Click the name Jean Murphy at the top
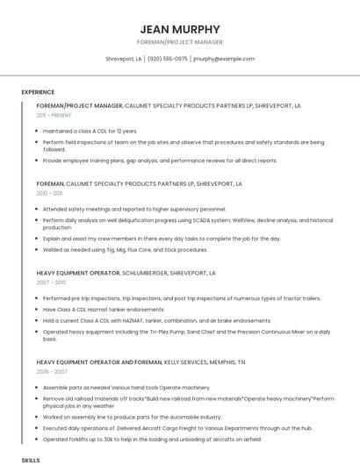tap(180, 29)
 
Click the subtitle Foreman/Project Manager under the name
tap(180, 42)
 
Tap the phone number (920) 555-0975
tap(168, 59)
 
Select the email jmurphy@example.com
tap(224, 59)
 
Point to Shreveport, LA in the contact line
tap(124, 59)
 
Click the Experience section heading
tap(38, 92)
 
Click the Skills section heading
tap(31, 459)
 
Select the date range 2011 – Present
tap(54, 115)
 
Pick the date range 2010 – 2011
tap(49, 193)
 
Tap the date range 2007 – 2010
tap(51, 283)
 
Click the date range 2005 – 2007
tap(52, 372)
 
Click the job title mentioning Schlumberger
tap(126, 273)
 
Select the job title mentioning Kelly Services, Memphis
tap(140, 361)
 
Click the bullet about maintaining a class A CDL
tap(90, 131)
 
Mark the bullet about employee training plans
tap(159, 161)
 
